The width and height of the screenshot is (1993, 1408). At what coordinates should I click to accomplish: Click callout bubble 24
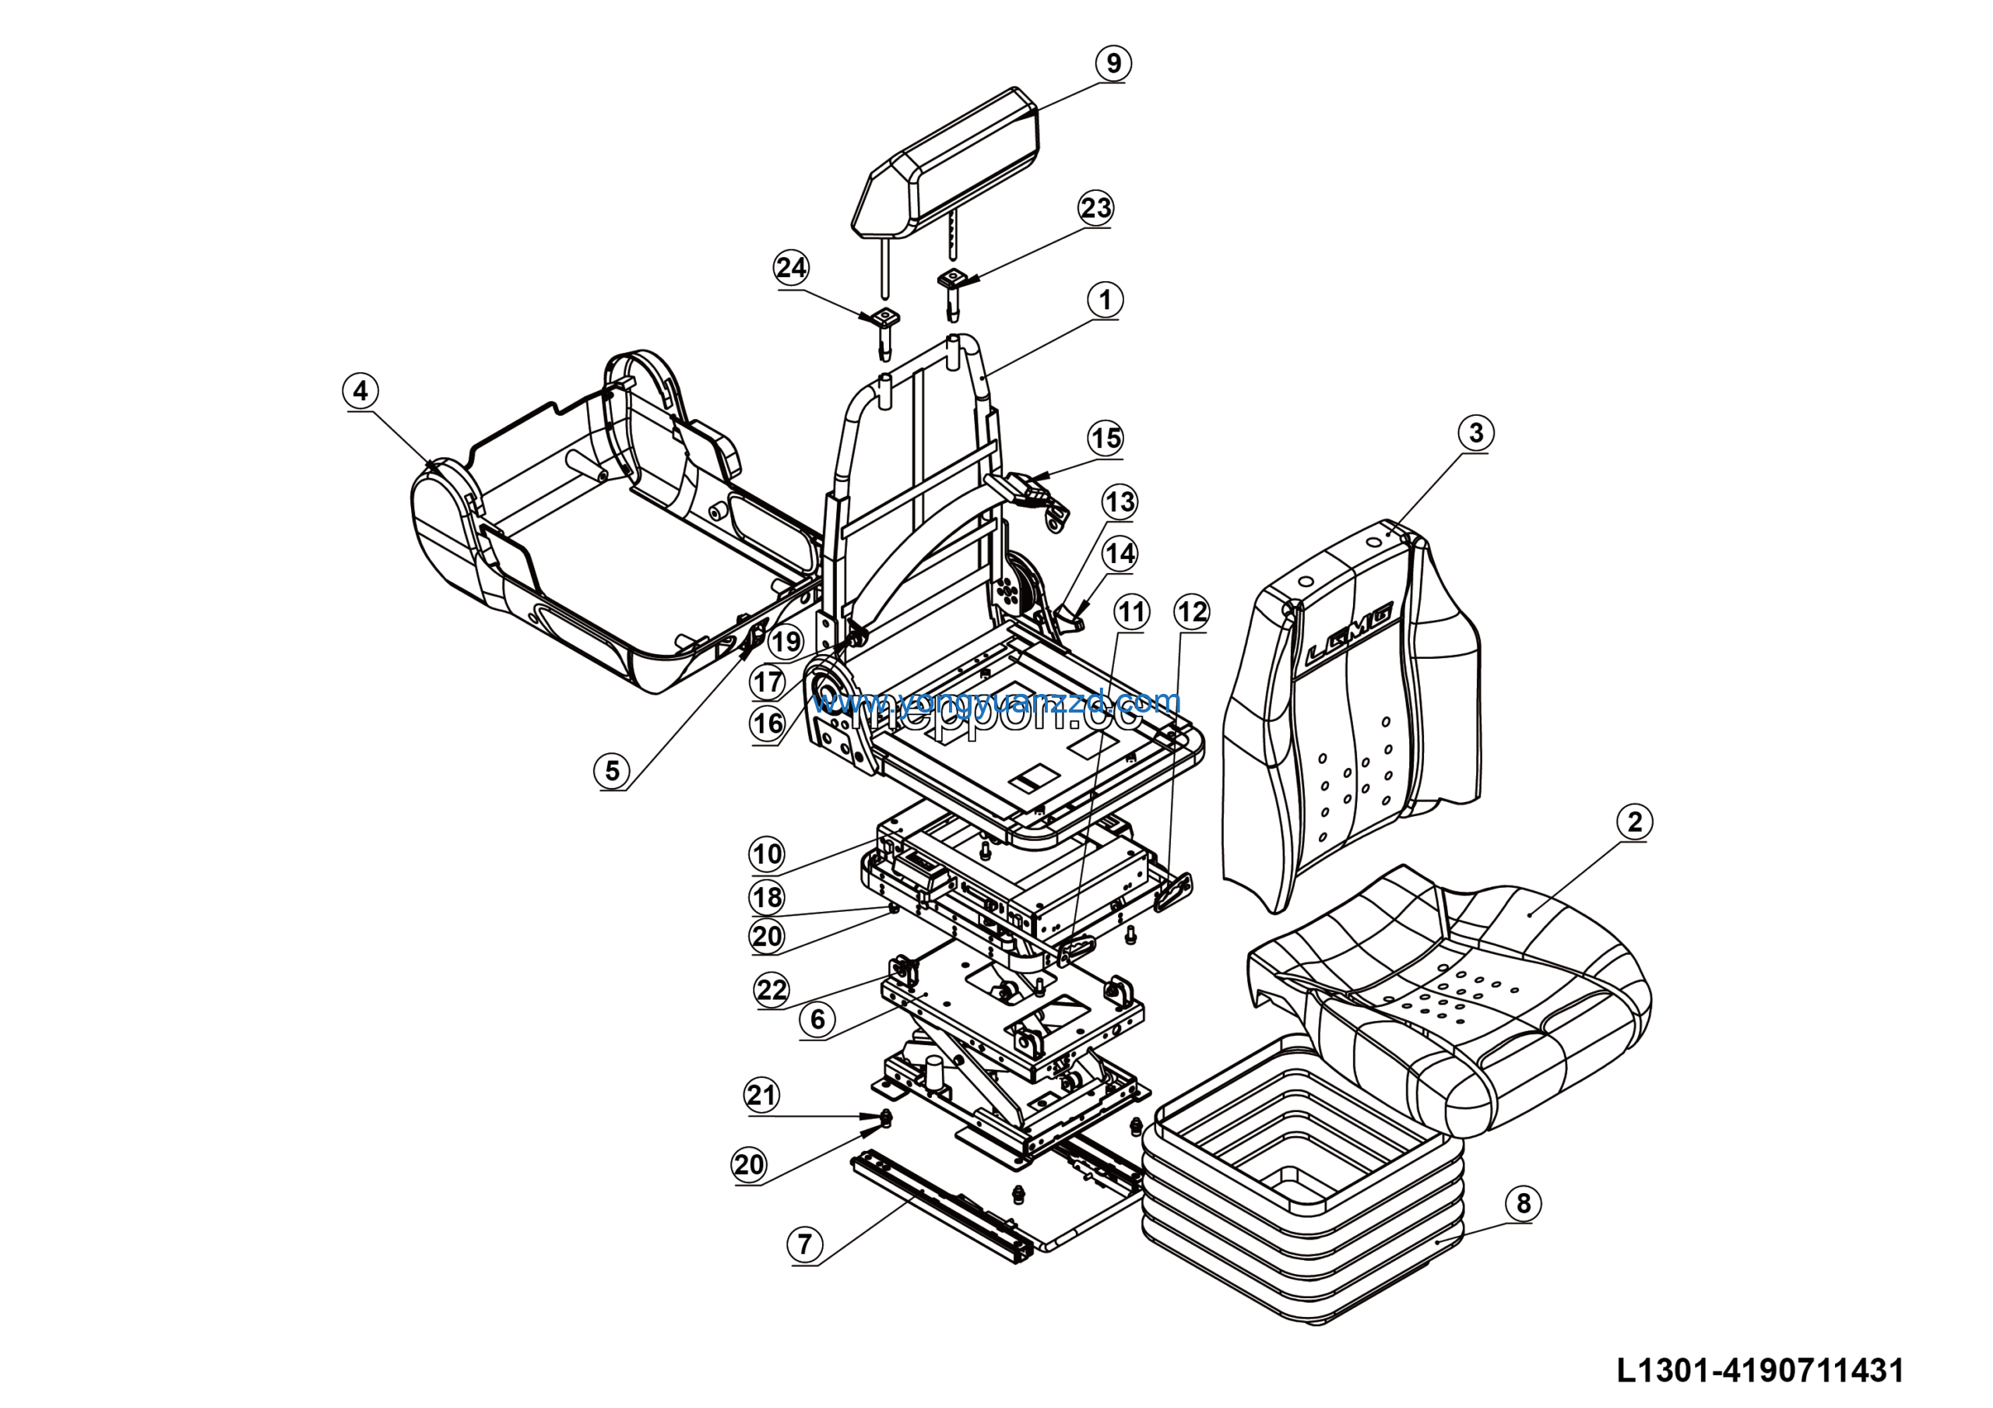tap(791, 267)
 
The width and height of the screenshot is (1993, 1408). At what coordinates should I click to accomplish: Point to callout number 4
tap(360, 391)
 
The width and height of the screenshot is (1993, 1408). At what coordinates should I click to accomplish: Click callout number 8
tap(1524, 1203)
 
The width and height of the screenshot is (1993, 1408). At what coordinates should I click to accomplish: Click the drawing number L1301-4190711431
tap(1760, 1371)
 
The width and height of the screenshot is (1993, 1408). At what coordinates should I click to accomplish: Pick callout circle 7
tap(805, 1244)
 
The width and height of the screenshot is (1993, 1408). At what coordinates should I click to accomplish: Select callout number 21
tap(762, 1095)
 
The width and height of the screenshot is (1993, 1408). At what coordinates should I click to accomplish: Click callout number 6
tap(817, 1019)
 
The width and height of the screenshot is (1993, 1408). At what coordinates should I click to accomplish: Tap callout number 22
tap(772, 990)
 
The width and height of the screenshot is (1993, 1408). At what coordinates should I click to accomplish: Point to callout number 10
tap(767, 854)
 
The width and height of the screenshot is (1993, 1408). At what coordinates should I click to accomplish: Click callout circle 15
tap(1105, 438)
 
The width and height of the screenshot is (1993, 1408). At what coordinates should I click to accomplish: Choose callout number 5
tap(612, 770)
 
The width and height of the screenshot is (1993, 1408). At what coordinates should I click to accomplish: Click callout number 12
tap(1192, 612)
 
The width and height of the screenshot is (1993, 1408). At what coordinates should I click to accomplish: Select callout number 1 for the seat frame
tap(1105, 301)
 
